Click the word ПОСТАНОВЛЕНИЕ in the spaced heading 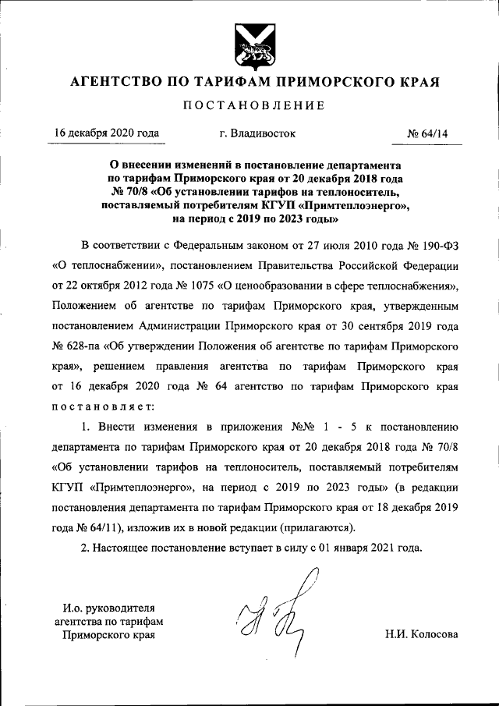pyautogui.click(x=249, y=105)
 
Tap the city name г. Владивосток pyautogui.click(x=258, y=133)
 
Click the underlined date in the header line pyautogui.click(x=107, y=133)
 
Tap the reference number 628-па pyautogui.click(x=80, y=343)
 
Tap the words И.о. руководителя pyautogui.click(x=109, y=608)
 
